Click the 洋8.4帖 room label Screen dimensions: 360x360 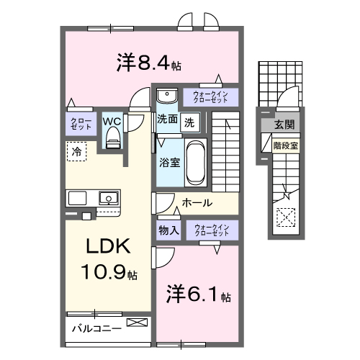(148, 63)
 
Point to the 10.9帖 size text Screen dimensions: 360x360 (109, 274)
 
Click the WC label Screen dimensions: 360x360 (112, 121)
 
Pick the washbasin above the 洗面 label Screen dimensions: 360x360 (167, 96)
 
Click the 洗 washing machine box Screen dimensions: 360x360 (189, 122)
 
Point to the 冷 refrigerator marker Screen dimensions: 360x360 (76, 151)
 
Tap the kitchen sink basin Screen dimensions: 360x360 (109, 197)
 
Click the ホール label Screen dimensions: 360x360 (197, 203)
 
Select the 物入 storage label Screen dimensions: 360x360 (168, 230)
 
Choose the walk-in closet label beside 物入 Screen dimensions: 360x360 (210, 230)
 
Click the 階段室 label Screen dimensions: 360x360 (286, 145)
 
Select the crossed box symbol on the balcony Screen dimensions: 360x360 (135, 323)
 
